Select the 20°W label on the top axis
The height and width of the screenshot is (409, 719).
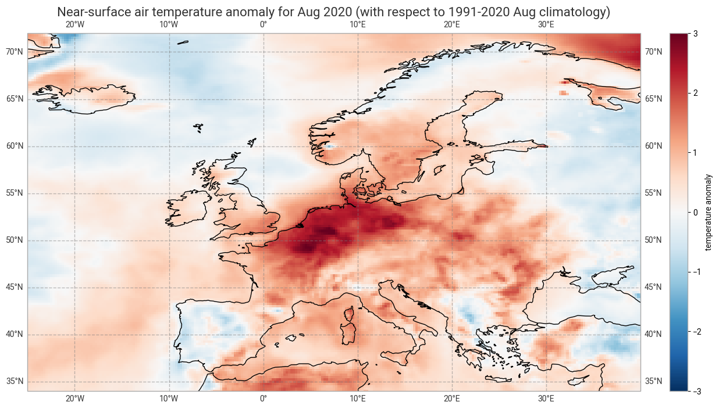[x=74, y=24]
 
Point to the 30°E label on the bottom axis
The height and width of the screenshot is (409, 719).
[x=546, y=399]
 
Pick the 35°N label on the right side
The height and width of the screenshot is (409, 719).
[x=653, y=382]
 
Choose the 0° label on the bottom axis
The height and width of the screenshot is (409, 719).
[x=263, y=399]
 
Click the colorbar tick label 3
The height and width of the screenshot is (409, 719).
[x=696, y=34]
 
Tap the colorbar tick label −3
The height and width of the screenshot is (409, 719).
[x=693, y=391]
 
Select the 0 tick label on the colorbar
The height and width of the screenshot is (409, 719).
[x=696, y=213]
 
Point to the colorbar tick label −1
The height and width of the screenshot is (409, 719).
[x=693, y=272]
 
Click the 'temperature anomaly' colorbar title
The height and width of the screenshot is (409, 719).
[x=708, y=213]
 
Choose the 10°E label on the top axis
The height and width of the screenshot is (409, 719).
[x=357, y=24]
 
